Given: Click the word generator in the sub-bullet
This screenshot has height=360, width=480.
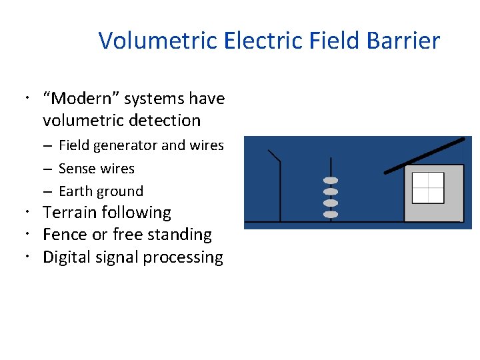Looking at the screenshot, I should [127, 145].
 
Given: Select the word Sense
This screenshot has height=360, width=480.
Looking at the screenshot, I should [77, 169].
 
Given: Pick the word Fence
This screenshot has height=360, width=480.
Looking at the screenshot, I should [63, 235].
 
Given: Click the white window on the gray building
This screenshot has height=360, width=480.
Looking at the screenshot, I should [428, 187].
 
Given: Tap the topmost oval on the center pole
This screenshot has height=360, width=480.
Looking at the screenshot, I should [331, 181].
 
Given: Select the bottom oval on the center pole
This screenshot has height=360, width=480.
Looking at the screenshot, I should [331, 214].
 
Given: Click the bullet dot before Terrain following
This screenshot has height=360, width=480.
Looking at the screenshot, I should [32, 213].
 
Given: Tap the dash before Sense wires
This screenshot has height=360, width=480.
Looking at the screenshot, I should [49, 169].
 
